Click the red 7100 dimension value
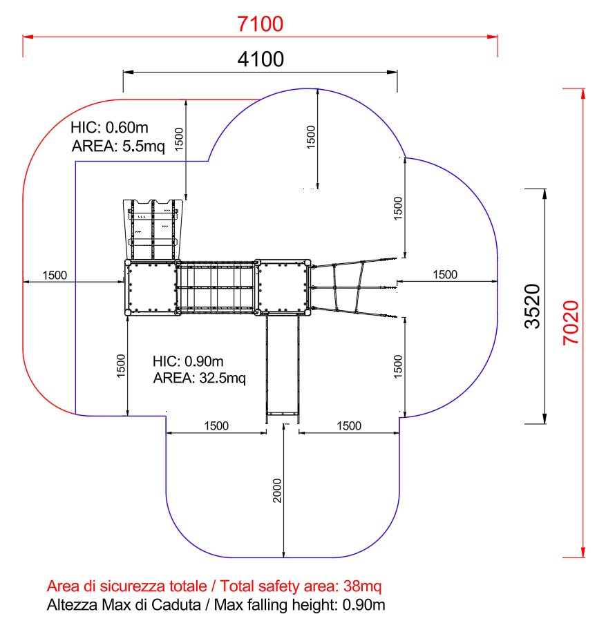[x=260, y=23]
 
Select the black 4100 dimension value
[x=261, y=59]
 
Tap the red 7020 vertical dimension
[x=571, y=323]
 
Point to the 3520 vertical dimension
[x=532, y=306]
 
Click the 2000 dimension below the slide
[x=277, y=490]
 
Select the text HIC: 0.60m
[x=109, y=127]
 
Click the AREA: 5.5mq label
[x=118, y=146]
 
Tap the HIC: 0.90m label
[x=188, y=361]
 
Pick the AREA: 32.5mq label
[x=199, y=378]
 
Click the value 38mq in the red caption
[x=362, y=586]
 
